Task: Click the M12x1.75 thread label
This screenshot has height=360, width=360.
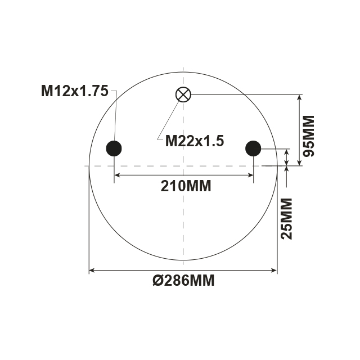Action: (x=74, y=91)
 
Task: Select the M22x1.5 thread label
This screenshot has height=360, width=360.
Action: (x=195, y=141)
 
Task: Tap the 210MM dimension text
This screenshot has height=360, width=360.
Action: (x=186, y=186)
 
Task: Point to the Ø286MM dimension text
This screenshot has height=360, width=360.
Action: (x=183, y=280)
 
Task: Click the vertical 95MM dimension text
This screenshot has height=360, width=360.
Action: (x=308, y=136)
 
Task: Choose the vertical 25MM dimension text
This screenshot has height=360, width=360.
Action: (x=287, y=218)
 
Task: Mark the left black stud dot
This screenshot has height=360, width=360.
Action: (x=114, y=148)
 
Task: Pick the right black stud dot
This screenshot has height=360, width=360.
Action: (x=253, y=148)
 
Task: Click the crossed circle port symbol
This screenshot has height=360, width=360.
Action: (x=183, y=94)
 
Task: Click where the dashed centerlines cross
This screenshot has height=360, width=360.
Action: (x=183, y=166)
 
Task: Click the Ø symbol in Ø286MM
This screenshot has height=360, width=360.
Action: (x=157, y=280)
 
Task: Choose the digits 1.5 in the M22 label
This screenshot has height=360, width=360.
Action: (x=214, y=141)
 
